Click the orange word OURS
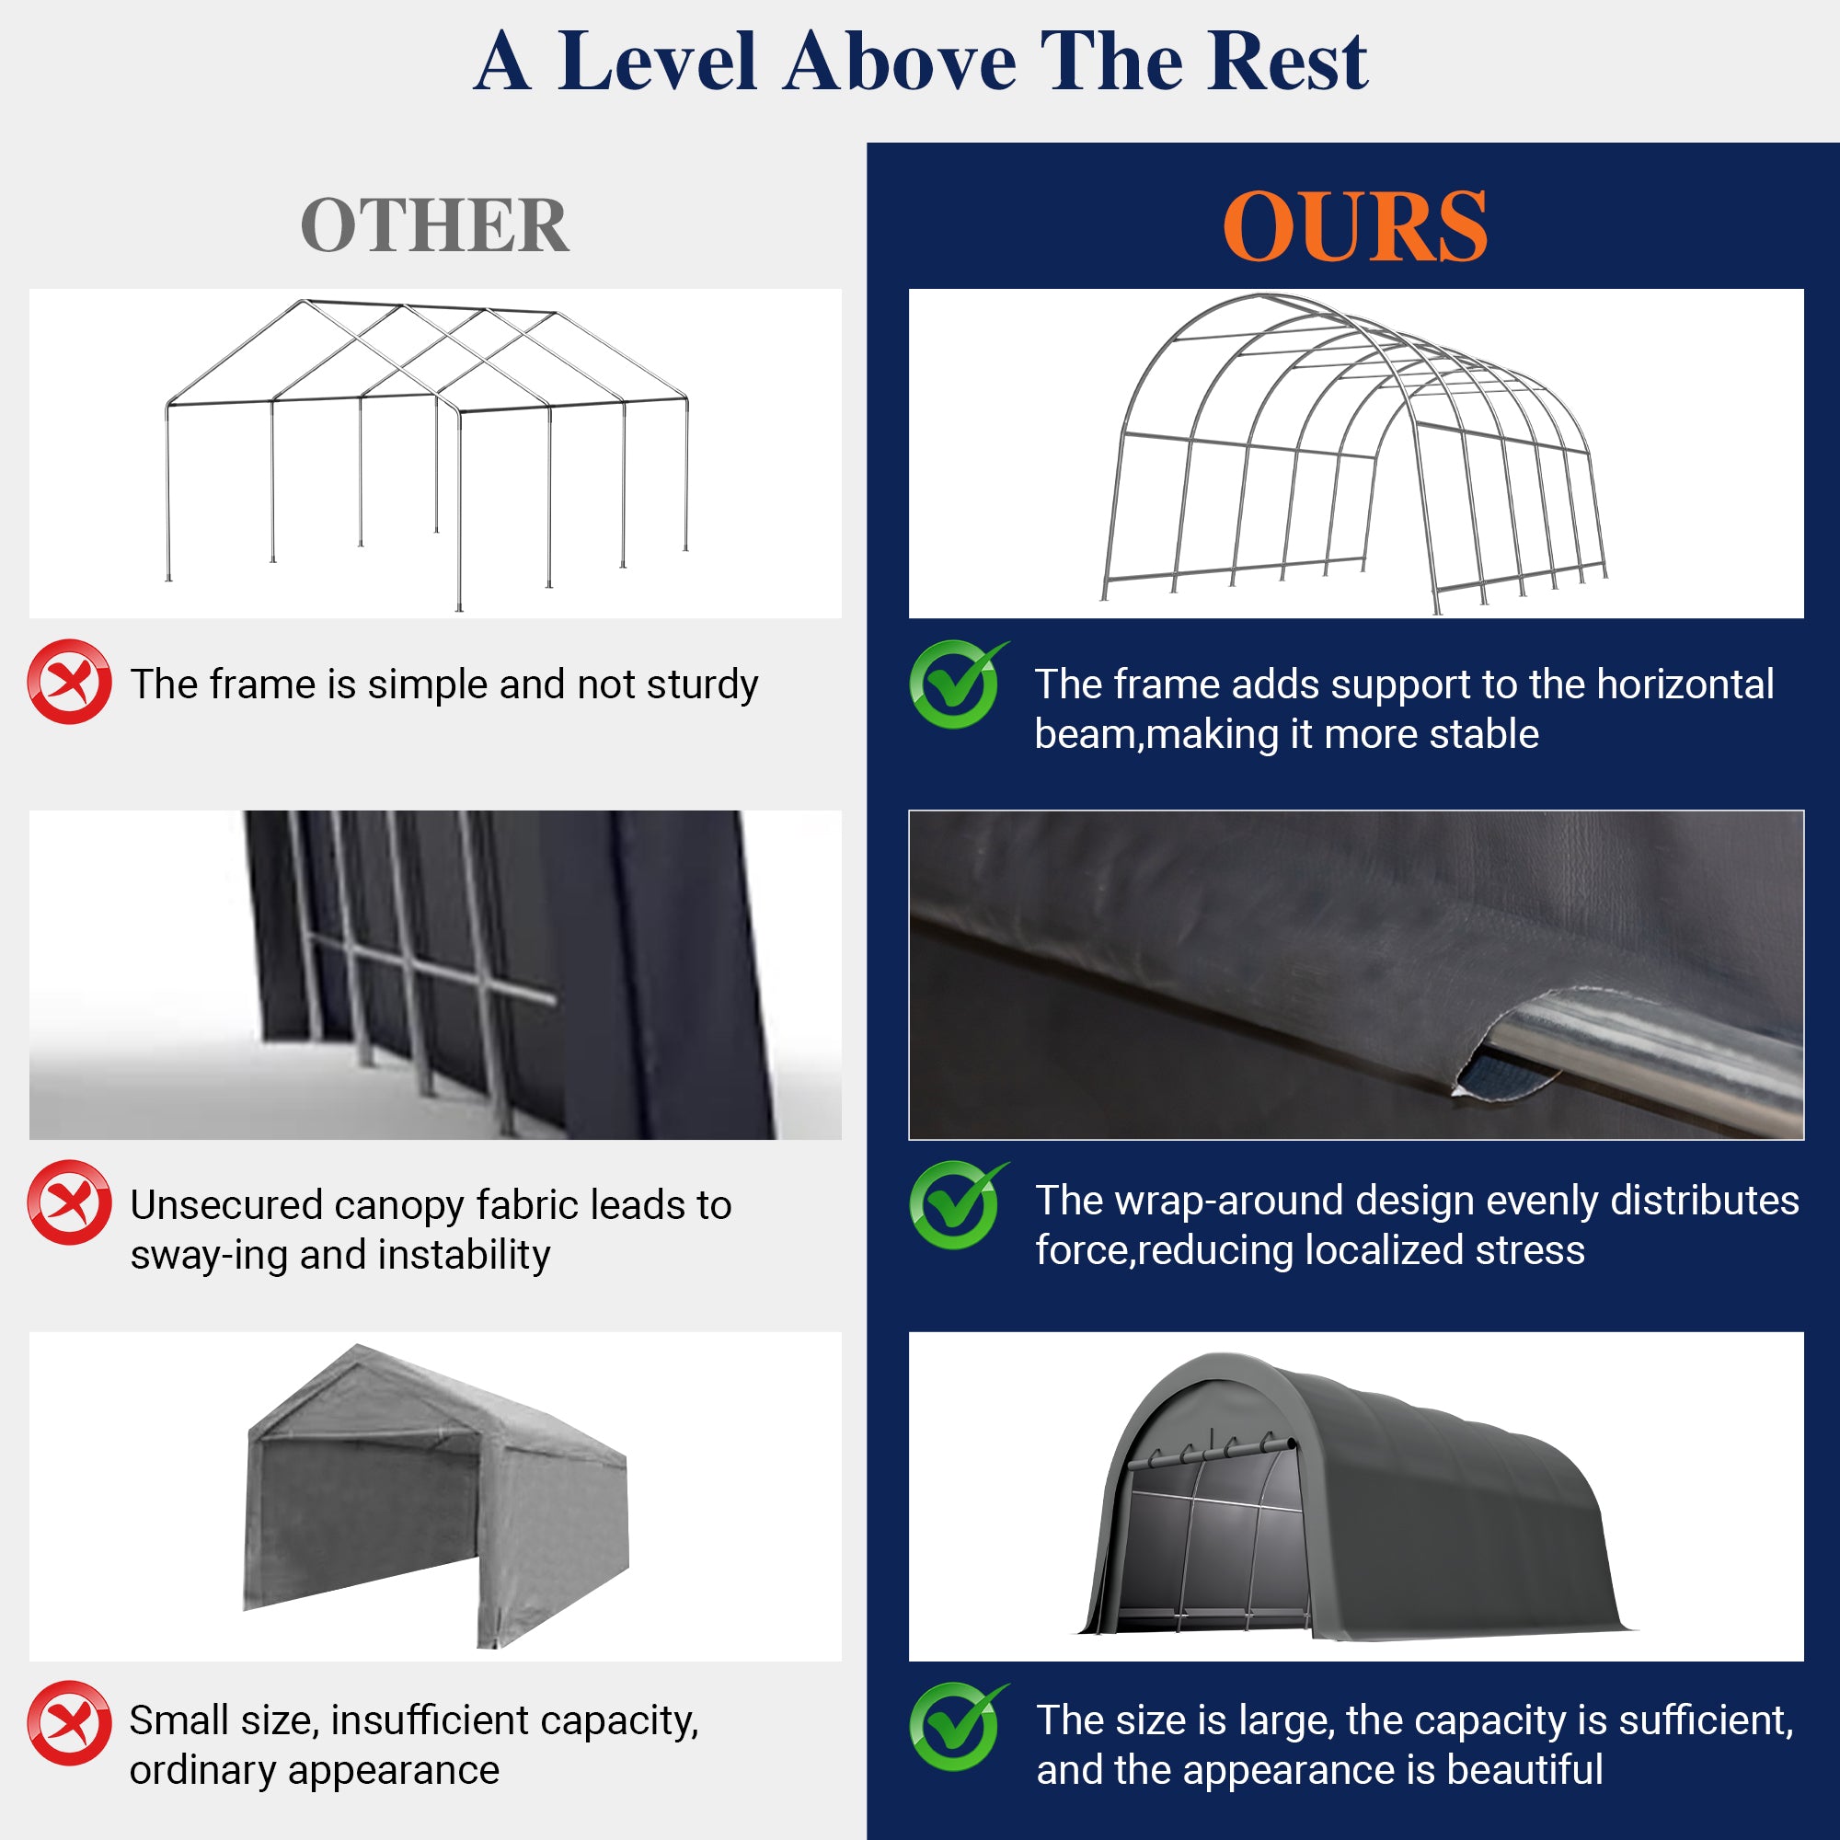coord(1354,226)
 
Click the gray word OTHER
coord(434,226)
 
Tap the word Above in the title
coord(900,62)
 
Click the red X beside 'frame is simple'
coord(70,682)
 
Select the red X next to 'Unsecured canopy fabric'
coord(70,1202)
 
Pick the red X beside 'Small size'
coord(70,1723)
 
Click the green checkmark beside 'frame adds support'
coord(954,684)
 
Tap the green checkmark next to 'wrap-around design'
coord(954,1205)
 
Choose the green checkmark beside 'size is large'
coord(954,1726)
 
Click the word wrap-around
coord(1230,1201)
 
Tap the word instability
coord(472,1255)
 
